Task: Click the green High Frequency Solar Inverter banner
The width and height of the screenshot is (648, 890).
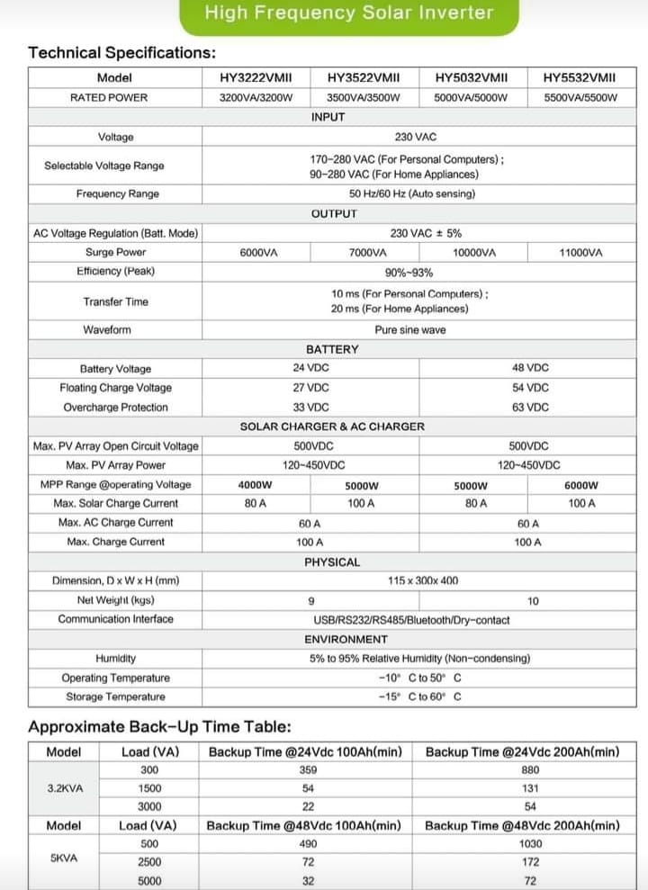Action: coord(348,13)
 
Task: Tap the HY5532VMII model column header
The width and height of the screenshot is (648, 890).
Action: coord(580,78)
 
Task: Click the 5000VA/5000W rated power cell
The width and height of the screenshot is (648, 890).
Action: coord(471,97)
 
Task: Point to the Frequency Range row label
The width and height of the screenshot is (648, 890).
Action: coord(117,193)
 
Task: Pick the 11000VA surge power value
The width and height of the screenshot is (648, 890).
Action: coord(580,253)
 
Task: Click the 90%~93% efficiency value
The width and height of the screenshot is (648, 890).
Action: coord(409,273)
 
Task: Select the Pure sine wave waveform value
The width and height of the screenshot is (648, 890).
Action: coord(410,330)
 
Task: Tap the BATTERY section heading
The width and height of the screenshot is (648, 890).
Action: coord(332,349)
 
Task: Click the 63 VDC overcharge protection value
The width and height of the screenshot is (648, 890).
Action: coord(530,408)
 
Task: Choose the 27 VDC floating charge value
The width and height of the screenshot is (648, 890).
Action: coord(311,388)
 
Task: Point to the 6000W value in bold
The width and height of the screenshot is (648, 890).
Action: coord(581,485)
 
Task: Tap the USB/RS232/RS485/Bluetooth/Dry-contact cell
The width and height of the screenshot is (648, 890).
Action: coord(411,619)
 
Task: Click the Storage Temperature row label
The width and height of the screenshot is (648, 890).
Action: coord(115,697)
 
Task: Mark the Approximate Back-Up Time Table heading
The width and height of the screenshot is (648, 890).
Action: coord(159,727)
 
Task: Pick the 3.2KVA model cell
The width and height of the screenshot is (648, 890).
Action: coord(65,787)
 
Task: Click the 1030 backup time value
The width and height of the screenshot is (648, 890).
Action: coord(530,844)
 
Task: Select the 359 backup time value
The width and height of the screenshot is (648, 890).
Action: coord(309,769)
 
